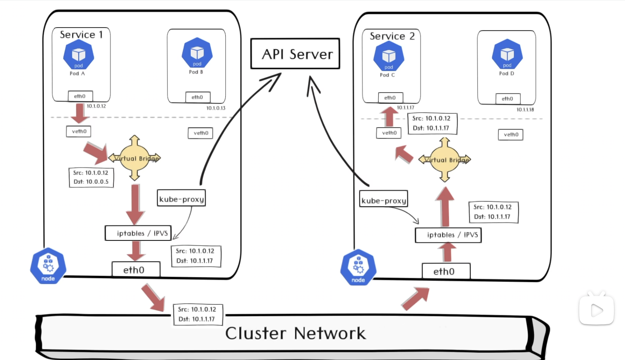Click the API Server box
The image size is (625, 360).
[x=295, y=54]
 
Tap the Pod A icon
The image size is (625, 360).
[x=79, y=55]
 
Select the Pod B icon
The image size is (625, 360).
[x=197, y=53]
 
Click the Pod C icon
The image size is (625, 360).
[x=389, y=56]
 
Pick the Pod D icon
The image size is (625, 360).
[x=507, y=55]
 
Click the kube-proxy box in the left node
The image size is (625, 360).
[x=181, y=198]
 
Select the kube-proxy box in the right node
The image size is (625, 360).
[x=384, y=200]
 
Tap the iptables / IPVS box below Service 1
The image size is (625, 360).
[x=138, y=233]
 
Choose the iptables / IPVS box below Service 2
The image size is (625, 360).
[x=448, y=235]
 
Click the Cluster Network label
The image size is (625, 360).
[x=295, y=333]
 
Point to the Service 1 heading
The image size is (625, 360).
[x=81, y=35]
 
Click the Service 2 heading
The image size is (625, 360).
[x=392, y=36]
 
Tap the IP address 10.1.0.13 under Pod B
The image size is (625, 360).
[x=216, y=108]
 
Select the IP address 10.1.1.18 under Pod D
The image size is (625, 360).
[x=525, y=110]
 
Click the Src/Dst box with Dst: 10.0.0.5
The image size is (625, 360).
[x=91, y=177]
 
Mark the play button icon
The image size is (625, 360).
[x=596, y=310]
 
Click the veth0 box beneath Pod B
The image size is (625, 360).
[x=200, y=133]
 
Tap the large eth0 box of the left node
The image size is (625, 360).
[x=136, y=270]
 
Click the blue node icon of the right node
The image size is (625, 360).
[x=358, y=267]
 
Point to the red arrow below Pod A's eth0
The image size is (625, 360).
[x=79, y=113]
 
